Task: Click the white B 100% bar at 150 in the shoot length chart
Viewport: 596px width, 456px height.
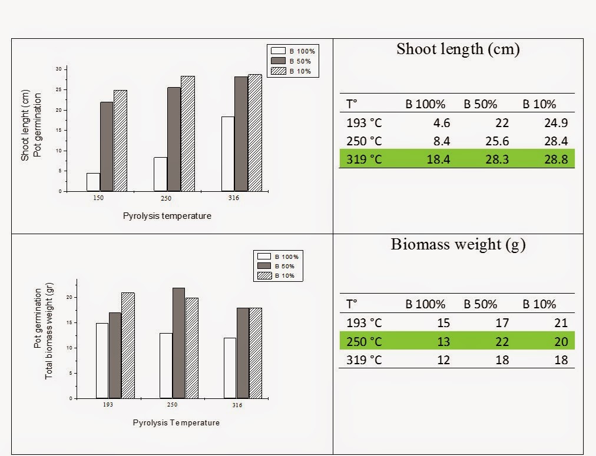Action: tap(93, 182)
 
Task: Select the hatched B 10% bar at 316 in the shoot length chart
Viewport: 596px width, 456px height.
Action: tap(254, 133)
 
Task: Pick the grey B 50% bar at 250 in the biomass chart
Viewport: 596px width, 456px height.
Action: tap(178, 343)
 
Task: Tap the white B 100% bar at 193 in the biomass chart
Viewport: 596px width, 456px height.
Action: tap(102, 361)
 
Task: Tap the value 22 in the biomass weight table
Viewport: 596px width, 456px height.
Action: tap(501, 341)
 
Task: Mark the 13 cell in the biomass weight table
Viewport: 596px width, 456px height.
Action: tap(443, 341)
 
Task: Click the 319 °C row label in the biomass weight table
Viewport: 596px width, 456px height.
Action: tap(363, 359)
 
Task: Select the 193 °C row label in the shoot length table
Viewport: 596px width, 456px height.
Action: tap(363, 123)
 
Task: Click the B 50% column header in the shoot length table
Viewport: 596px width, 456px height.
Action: tap(481, 104)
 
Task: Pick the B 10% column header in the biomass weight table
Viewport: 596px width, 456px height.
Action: tap(539, 304)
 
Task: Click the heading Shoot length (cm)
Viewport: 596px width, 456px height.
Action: tap(458, 49)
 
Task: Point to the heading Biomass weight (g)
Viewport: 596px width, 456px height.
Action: tap(458, 245)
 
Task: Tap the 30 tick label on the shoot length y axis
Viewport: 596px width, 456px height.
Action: tap(58, 69)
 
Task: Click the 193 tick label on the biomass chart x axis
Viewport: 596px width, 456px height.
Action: tap(108, 405)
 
